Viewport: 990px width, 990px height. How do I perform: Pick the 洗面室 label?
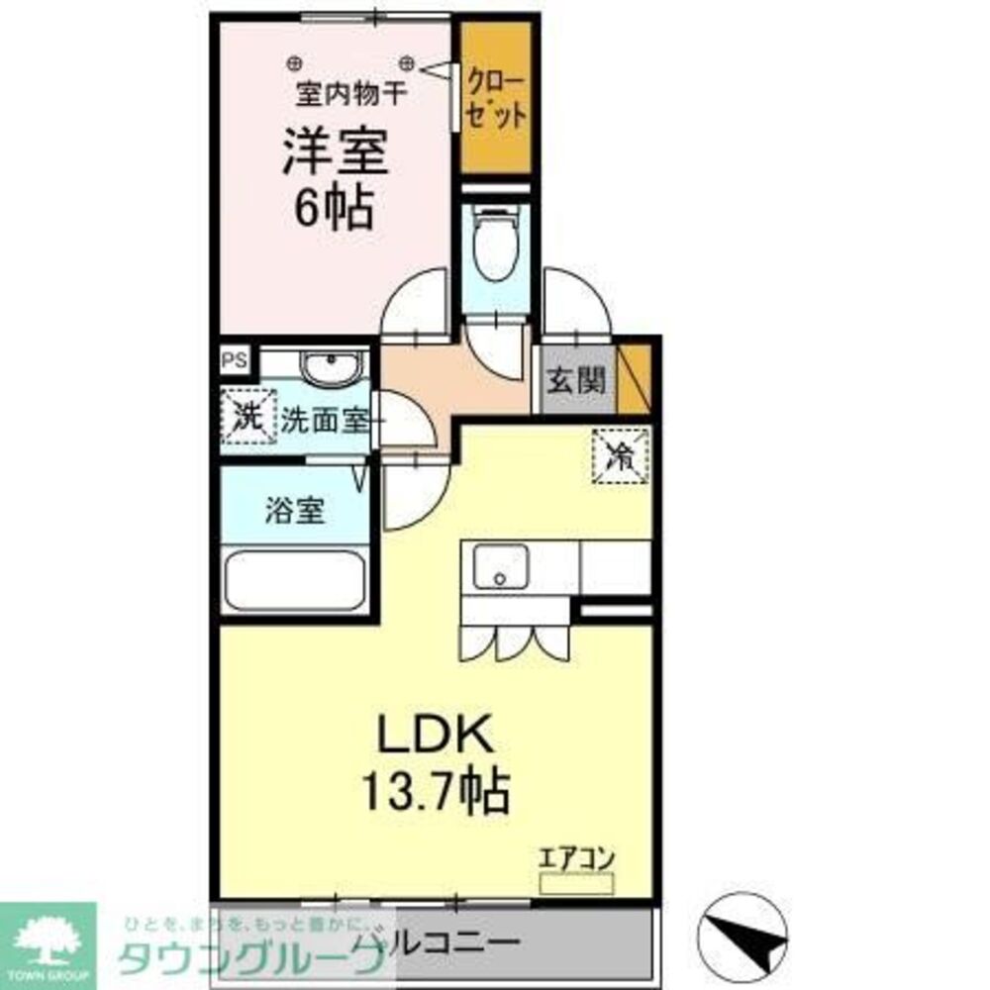[324, 420]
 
